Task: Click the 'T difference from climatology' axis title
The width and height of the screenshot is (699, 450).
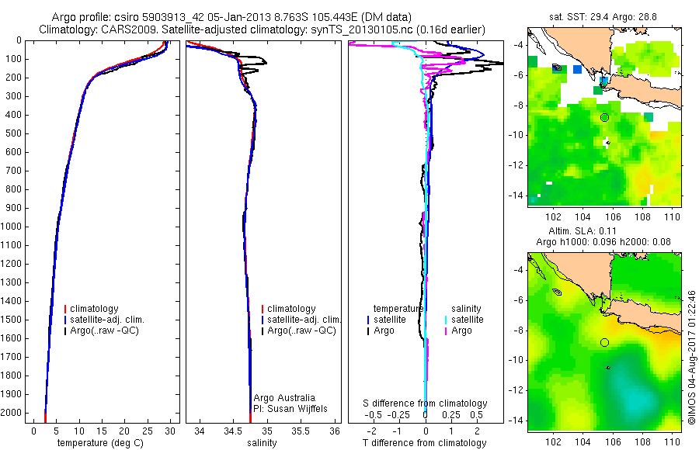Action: coord(426,443)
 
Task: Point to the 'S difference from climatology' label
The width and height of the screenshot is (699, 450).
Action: coord(426,403)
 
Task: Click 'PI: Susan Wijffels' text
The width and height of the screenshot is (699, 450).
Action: coord(290,408)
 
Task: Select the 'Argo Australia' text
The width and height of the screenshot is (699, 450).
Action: coord(284,397)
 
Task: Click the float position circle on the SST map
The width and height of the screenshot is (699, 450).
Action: coord(604,117)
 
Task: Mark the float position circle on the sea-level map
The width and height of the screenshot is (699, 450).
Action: coord(604,342)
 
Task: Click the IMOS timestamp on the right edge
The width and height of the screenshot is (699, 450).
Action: coord(691,357)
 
